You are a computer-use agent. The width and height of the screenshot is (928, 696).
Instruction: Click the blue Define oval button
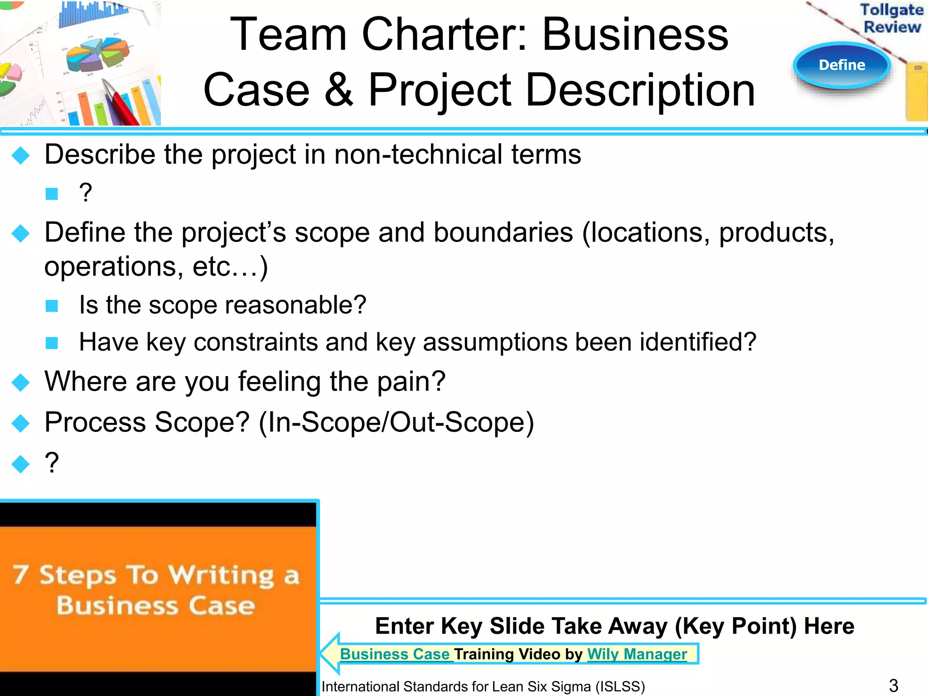pyautogui.click(x=842, y=65)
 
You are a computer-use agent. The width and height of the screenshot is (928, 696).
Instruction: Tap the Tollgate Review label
pyautogui.click(x=892, y=18)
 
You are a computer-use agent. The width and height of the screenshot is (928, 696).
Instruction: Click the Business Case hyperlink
pyautogui.click(x=395, y=654)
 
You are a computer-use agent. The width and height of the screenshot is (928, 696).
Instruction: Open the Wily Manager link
pyautogui.click(x=637, y=654)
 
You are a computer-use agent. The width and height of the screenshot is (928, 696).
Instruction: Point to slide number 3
pyautogui.click(x=893, y=686)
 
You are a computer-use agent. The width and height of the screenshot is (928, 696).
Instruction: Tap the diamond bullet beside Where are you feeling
pyautogui.click(x=21, y=382)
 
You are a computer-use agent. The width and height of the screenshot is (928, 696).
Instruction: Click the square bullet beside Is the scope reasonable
pyautogui.click(x=52, y=306)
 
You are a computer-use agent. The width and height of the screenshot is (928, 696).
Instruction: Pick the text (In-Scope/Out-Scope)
pyautogui.click(x=396, y=422)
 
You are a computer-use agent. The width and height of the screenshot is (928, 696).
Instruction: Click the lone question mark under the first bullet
pyautogui.click(x=85, y=193)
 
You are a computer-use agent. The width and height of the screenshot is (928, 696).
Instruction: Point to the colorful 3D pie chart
pyautogui.click(x=97, y=54)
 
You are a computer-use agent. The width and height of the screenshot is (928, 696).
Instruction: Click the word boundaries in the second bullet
pyautogui.click(x=503, y=233)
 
